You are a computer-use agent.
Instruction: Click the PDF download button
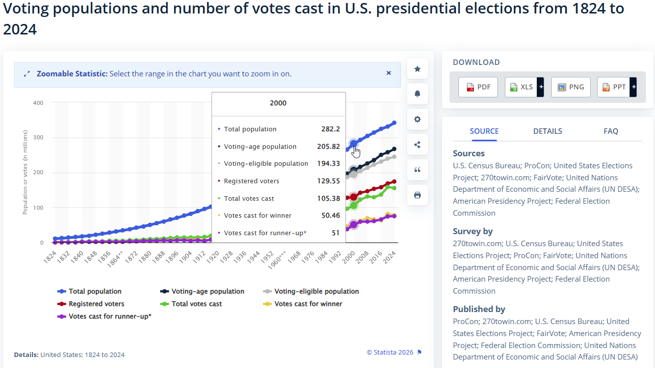tap(478, 87)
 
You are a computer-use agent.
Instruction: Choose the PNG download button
tap(571, 87)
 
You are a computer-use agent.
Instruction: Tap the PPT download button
tap(614, 87)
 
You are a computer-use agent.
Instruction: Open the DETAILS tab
tap(547, 131)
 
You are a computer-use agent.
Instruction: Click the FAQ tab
tap(611, 131)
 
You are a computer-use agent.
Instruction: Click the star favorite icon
tap(417, 69)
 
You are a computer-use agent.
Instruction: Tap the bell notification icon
tap(417, 94)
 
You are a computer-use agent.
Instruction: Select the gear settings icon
tap(417, 119)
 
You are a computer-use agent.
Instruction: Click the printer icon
tap(417, 195)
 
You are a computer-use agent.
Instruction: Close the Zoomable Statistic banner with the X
tap(389, 73)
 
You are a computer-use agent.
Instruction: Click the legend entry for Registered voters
tap(91, 304)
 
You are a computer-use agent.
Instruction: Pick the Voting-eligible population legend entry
tap(311, 291)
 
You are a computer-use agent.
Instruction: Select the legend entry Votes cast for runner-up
tap(104, 317)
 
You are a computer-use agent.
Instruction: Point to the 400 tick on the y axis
tap(38, 103)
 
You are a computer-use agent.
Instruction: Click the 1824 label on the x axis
tap(50, 257)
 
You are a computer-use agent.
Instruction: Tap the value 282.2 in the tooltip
tap(330, 129)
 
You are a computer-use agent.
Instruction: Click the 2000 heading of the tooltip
tap(278, 103)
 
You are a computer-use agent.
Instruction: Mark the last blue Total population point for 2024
tap(394, 123)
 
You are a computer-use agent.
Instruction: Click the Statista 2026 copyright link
tap(390, 352)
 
